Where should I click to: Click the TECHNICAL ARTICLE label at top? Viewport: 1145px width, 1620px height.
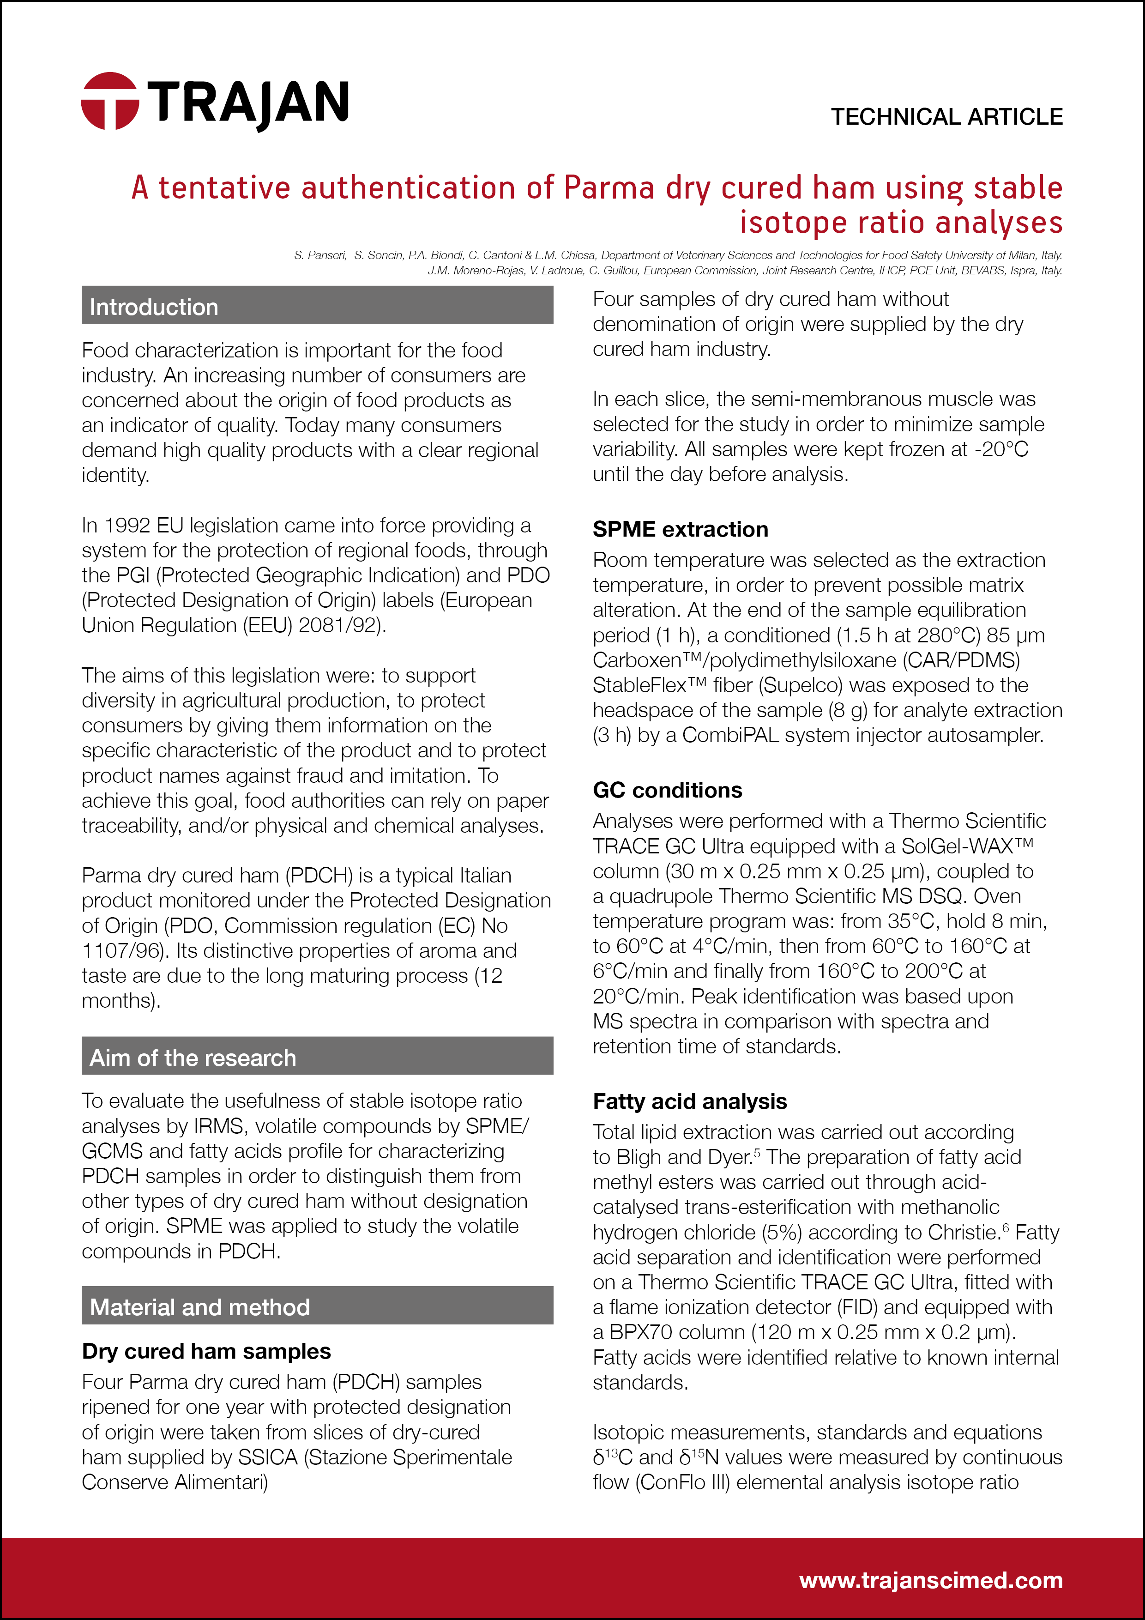click(x=946, y=116)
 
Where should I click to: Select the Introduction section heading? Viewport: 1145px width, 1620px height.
click(x=154, y=307)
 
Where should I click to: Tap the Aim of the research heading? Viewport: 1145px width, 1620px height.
click(x=193, y=1058)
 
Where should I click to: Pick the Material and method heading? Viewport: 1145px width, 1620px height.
click(x=199, y=1307)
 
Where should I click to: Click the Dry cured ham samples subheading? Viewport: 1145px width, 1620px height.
click(x=206, y=1350)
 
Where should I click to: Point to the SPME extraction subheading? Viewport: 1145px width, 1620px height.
click(x=680, y=529)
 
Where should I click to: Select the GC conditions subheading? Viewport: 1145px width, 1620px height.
click(x=668, y=790)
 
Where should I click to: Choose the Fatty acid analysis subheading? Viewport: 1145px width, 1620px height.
click(x=689, y=1100)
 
